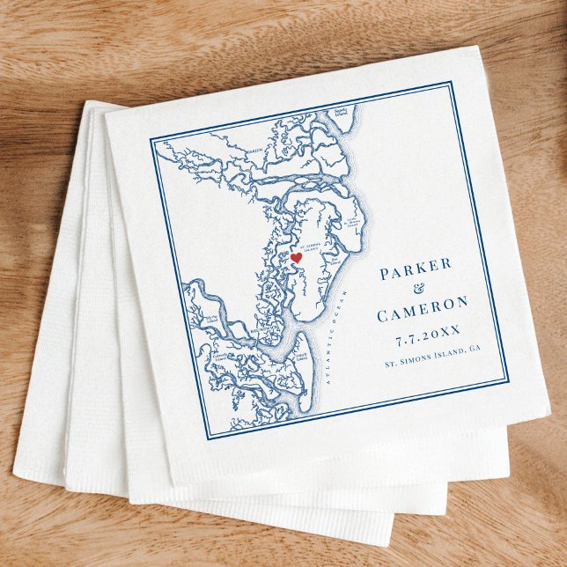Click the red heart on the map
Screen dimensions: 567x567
click(297, 258)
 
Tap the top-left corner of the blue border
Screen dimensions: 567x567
click(151, 139)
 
